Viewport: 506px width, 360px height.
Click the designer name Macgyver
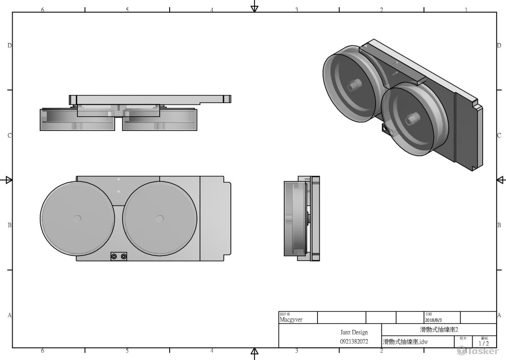pyautogui.click(x=291, y=319)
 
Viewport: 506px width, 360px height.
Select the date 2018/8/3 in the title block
pyautogui.click(x=434, y=319)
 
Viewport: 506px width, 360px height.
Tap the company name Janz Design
pyautogui.click(x=354, y=333)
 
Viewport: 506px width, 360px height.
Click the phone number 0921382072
pyautogui.click(x=354, y=342)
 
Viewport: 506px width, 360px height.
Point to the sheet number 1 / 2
pyautogui.click(x=484, y=343)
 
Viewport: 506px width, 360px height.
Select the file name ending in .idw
pyautogui.click(x=405, y=342)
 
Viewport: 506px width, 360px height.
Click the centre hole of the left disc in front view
pyautogui.click(x=77, y=218)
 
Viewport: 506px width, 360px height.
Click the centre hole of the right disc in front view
pyautogui.click(x=159, y=218)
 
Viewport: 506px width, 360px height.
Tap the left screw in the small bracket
pyautogui.click(x=114, y=256)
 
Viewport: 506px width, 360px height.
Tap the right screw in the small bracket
pyautogui.click(x=124, y=256)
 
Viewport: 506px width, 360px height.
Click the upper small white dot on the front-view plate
pyautogui.click(x=119, y=180)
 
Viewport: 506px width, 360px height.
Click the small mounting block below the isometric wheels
pyautogui.click(x=386, y=129)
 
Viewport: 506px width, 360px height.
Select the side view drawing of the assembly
pyautogui.click(x=302, y=218)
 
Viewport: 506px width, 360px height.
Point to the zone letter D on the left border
pyautogui.click(x=9, y=45)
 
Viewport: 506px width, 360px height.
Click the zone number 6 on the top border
pyautogui.click(x=42, y=9)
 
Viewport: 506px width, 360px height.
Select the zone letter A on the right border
pyautogui.click(x=499, y=315)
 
